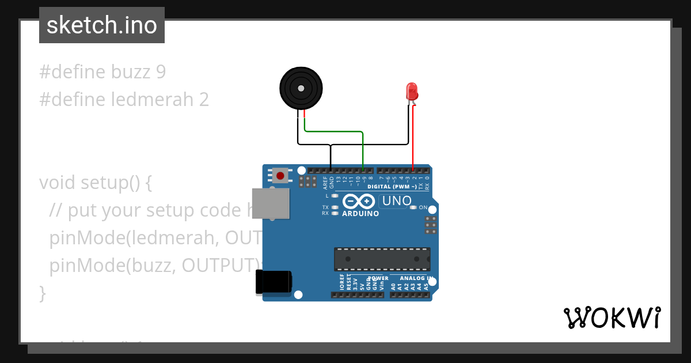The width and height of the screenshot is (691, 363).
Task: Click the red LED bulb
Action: (412, 91)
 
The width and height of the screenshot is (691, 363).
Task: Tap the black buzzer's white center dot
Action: (300, 88)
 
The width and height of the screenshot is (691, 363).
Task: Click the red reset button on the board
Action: (281, 175)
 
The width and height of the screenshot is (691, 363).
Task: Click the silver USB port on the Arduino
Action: (271, 203)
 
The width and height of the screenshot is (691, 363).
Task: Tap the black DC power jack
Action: (274, 283)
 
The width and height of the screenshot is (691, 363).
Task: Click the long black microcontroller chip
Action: (382, 259)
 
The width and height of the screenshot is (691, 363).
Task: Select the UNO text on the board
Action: (396, 201)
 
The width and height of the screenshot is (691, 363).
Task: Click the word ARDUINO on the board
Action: (360, 214)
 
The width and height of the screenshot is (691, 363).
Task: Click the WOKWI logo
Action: (612, 317)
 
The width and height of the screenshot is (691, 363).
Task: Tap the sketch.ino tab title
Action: (102, 25)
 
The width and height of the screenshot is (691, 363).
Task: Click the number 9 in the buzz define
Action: (161, 72)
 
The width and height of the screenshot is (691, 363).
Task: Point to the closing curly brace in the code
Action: (42, 293)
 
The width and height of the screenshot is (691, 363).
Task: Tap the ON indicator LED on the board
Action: (413, 207)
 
